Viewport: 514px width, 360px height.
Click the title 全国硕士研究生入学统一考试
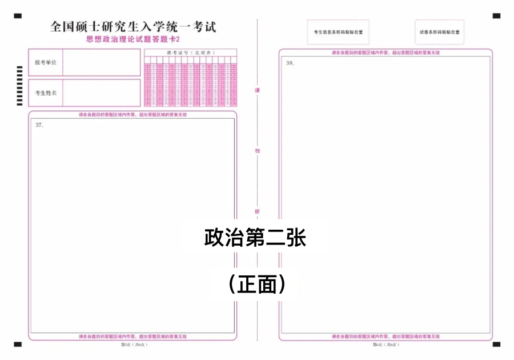132,27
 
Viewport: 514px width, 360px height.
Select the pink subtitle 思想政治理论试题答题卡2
132,39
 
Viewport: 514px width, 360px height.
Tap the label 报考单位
46,62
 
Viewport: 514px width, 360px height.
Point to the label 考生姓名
46,93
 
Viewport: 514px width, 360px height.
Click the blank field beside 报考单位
101,62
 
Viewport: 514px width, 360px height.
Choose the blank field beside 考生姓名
101,93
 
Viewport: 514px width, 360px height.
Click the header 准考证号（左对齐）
190,53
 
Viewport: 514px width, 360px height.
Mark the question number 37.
39,125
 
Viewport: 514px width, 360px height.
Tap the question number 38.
290,63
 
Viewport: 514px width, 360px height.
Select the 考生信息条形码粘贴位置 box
338,32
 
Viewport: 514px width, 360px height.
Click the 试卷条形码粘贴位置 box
439,32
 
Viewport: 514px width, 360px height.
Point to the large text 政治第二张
255,238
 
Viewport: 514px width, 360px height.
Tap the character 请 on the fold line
257,91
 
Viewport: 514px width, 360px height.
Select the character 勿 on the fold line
257,151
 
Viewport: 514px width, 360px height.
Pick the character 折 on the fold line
257,211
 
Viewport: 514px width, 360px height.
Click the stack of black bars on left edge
19,86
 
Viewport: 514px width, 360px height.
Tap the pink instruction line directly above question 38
385,53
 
